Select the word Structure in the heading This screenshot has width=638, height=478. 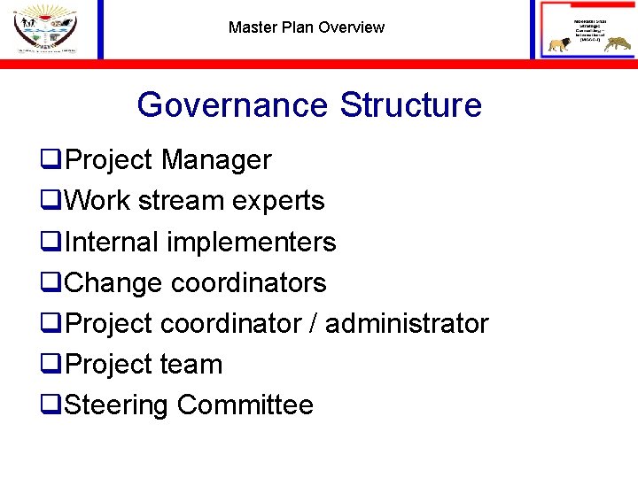coord(411,105)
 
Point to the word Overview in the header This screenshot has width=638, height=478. coord(352,27)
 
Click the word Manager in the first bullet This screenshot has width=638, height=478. coord(216,160)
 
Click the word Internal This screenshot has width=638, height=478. coord(109,242)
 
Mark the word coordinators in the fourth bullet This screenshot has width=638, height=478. coord(249,282)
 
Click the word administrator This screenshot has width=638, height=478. coord(408,323)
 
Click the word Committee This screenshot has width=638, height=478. coord(245,405)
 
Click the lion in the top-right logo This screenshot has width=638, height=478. coord(559,45)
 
